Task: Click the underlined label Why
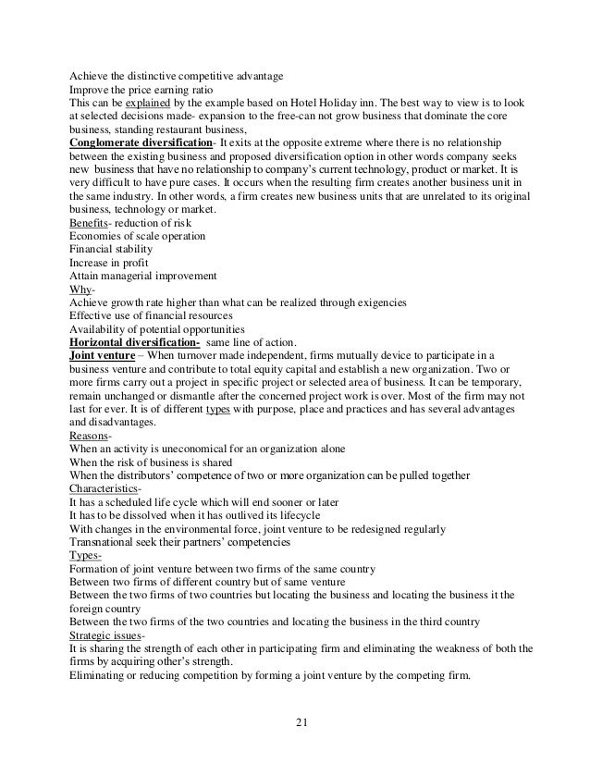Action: pyautogui.click(x=80, y=289)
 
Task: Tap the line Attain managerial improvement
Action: pyautogui.click(x=143, y=276)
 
